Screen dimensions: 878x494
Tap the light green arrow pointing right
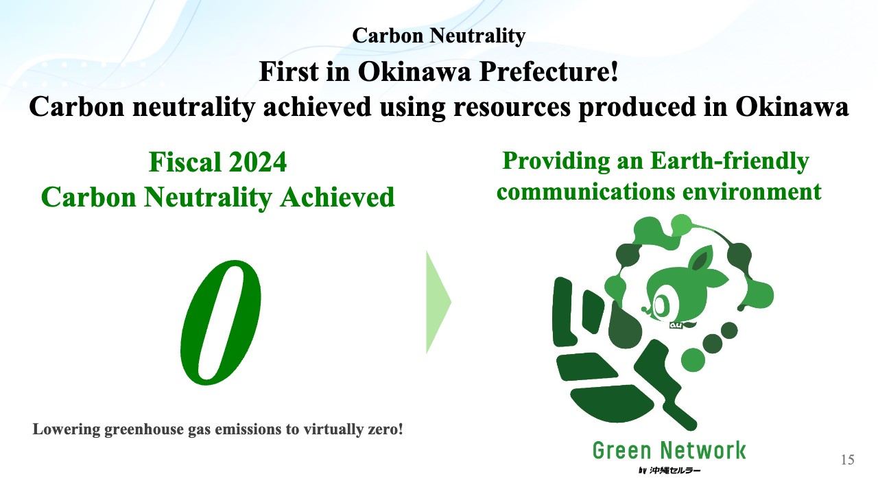point(438,303)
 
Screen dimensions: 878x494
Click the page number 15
point(847,460)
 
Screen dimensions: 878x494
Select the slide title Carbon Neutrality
point(438,36)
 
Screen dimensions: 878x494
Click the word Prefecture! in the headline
point(549,72)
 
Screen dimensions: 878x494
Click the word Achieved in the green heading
point(337,197)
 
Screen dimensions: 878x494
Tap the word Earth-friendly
point(729,161)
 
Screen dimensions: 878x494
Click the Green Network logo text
point(669,450)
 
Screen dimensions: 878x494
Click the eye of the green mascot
point(661,305)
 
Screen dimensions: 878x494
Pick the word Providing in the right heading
point(556,161)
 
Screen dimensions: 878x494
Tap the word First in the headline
point(289,72)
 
